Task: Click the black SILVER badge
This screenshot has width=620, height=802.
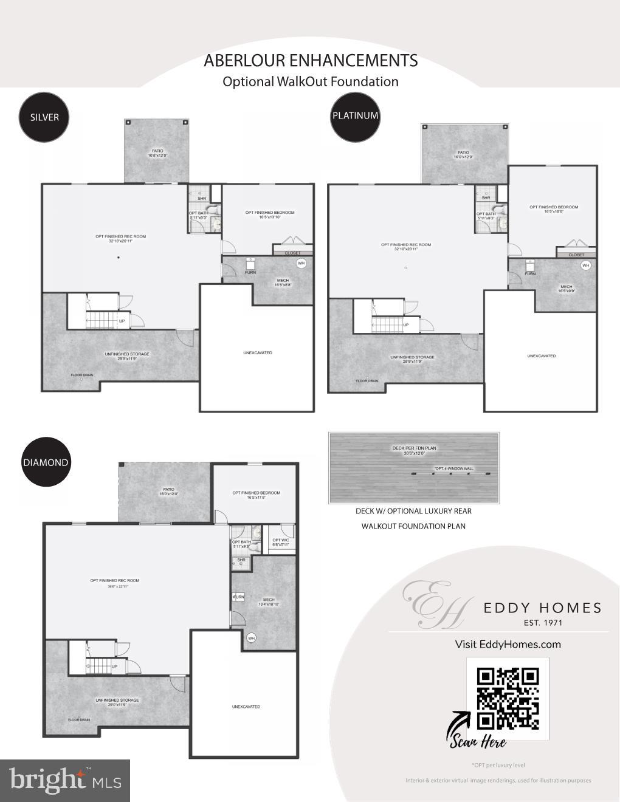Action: [x=44, y=117]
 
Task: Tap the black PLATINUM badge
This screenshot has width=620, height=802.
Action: [x=355, y=115]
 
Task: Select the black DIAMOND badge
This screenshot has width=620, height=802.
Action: [x=46, y=462]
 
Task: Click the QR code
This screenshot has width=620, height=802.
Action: [x=508, y=698]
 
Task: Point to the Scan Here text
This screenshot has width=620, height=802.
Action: [x=478, y=740]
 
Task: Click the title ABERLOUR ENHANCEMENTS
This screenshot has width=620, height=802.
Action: [x=311, y=61]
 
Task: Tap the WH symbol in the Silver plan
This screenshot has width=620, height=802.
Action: [x=301, y=263]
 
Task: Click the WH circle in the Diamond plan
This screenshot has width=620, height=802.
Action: [x=251, y=638]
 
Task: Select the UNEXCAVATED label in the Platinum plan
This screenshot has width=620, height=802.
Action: [x=541, y=356]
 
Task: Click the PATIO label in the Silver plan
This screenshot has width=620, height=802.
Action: [x=157, y=151]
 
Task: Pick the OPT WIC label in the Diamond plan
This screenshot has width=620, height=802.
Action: [x=280, y=540]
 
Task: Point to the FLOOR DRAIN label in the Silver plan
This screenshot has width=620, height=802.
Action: [x=82, y=375]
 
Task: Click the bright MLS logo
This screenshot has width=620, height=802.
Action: [x=65, y=780]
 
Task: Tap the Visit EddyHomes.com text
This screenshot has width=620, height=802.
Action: [x=508, y=645]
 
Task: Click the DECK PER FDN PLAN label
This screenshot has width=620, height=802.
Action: [x=414, y=448]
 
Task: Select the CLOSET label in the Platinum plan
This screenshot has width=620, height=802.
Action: [x=576, y=255]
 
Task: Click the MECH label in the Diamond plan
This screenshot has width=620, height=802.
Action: [x=269, y=600]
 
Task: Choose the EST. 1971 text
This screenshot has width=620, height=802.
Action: [x=543, y=623]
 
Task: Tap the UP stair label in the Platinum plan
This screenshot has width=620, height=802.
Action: [x=406, y=325]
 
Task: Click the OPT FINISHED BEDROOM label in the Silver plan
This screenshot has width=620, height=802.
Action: [x=270, y=213]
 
